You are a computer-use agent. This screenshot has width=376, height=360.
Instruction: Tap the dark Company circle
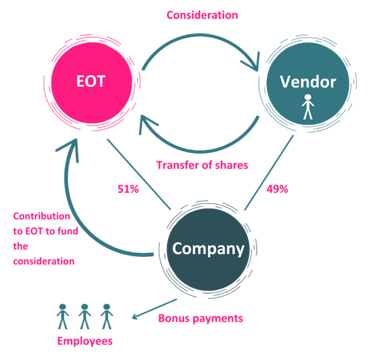pyautogui.click(x=207, y=248)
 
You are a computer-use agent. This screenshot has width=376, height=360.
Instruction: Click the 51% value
pyautogui.click(x=128, y=189)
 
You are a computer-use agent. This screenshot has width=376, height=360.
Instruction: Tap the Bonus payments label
pyautogui.click(x=200, y=319)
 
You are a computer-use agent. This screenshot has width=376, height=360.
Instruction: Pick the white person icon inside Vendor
pyautogui.click(x=307, y=107)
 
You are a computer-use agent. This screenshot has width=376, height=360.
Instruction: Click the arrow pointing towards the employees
pyautogui.click(x=154, y=308)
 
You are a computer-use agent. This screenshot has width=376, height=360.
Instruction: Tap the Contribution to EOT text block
pyautogui.click(x=42, y=239)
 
